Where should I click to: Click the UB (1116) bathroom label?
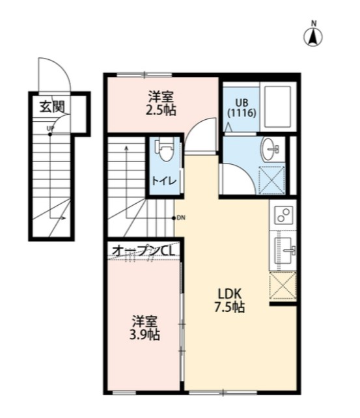[x=242, y=107]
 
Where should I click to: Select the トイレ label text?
[x=163, y=181]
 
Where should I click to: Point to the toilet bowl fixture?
[x=164, y=152]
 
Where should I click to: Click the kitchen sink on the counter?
[x=284, y=249]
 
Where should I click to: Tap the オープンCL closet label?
[x=143, y=250]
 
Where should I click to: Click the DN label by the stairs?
[x=180, y=217]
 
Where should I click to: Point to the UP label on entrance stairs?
[x=50, y=128]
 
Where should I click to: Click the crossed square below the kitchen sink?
[x=283, y=285]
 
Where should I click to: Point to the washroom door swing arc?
[x=236, y=176]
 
